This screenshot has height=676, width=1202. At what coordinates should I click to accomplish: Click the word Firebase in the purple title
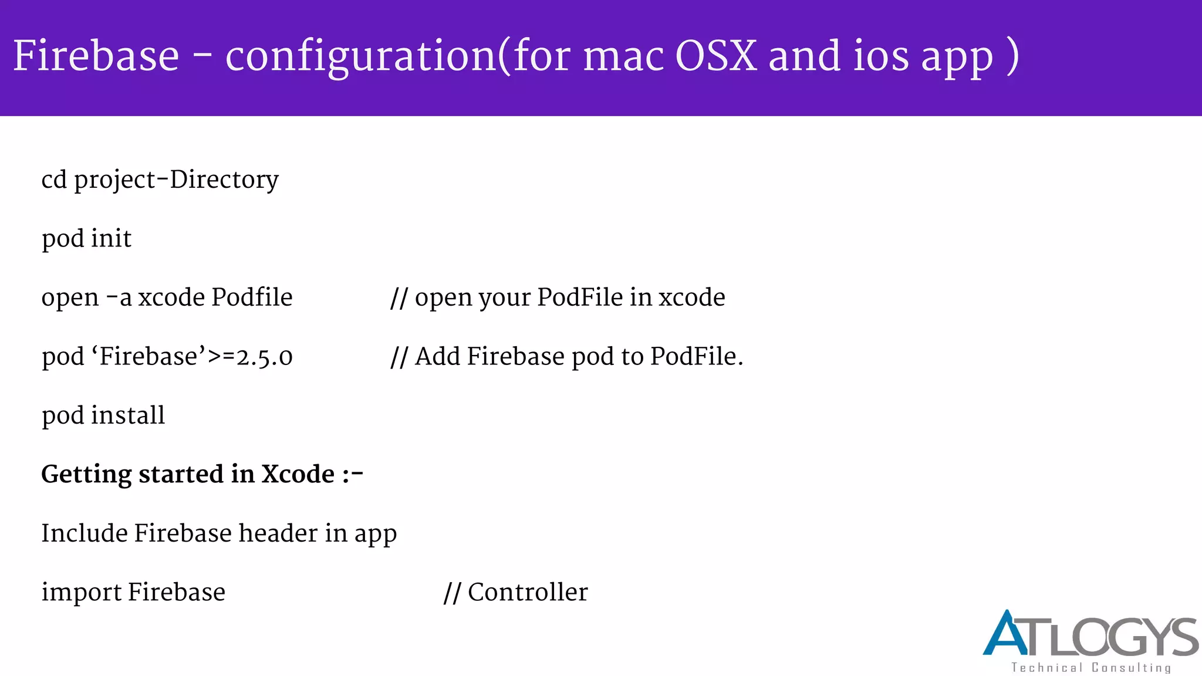[96, 56]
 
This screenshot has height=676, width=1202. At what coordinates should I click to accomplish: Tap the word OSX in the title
[715, 56]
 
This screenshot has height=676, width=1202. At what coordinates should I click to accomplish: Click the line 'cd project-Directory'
[160, 180]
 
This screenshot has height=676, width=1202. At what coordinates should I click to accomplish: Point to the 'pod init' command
[86, 239]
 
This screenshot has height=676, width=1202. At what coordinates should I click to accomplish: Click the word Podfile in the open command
[252, 297]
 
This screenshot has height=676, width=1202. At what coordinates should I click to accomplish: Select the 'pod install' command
[103, 415]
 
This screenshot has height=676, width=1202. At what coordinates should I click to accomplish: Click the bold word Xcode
[298, 474]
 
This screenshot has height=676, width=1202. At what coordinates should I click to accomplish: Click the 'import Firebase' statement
[133, 592]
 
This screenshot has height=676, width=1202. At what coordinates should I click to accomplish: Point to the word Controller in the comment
[528, 592]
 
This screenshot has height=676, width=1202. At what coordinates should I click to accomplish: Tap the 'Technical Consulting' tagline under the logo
[1090, 668]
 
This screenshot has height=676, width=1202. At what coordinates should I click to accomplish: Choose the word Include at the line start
[84, 533]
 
